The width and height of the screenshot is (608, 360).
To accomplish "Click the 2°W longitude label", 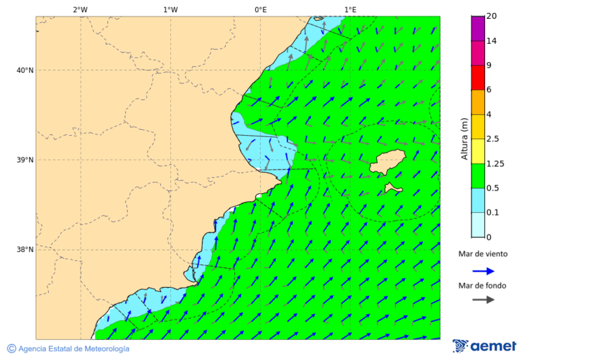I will click(80, 9).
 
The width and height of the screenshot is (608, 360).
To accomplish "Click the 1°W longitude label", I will click(170, 9).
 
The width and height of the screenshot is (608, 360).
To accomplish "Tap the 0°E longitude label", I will click(260, 9).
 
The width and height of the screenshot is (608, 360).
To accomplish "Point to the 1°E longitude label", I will click(350, 9).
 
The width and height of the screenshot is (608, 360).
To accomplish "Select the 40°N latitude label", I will click(25, 70).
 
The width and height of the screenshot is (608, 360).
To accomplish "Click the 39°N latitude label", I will click(25, 160).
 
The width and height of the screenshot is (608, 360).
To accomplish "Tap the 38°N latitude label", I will click(25, 250).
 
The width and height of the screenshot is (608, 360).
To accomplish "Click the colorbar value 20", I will click(492, 16).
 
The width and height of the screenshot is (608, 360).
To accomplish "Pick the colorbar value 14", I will click(492, 41).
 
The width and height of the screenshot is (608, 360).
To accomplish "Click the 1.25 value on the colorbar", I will click(495, 163).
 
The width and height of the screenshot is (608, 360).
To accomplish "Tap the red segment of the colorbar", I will click(478, 78).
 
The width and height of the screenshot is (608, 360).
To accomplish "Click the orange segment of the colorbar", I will click(478, 102).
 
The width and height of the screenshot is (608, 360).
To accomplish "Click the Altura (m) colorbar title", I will click(464, 138).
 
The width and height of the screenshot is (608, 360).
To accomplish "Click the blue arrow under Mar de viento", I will click(483, 271).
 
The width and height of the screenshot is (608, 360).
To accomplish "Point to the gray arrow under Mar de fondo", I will click(483, 300).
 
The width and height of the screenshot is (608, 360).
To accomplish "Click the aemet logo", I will click(484, 346).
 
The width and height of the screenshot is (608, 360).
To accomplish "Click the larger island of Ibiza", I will click(387, 162).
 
